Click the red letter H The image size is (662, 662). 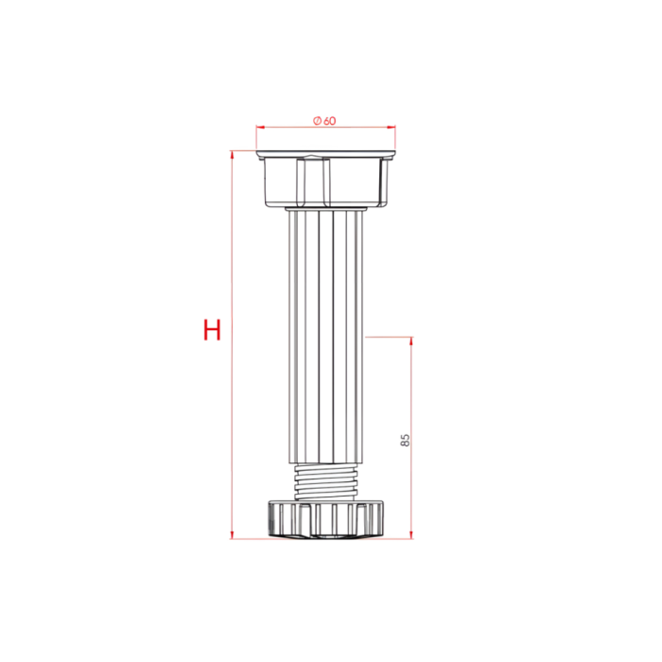pos(212,330)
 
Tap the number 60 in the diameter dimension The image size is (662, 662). pos(329,120)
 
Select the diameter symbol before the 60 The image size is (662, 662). pos(317,120)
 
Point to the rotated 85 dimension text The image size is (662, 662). pos(405,440)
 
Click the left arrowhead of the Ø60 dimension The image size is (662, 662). pos(259,127)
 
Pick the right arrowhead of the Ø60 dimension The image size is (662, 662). pos(392,127)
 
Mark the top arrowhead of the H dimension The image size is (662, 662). pos(231,154)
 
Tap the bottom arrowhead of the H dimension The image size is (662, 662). pos(231,534)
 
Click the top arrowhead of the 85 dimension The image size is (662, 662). pos(411,340)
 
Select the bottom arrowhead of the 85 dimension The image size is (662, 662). pos(411,534)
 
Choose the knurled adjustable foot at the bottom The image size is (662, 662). pos(326,519)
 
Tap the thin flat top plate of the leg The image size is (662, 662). pos(325,152)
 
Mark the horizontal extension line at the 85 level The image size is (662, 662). pos(388,335)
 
